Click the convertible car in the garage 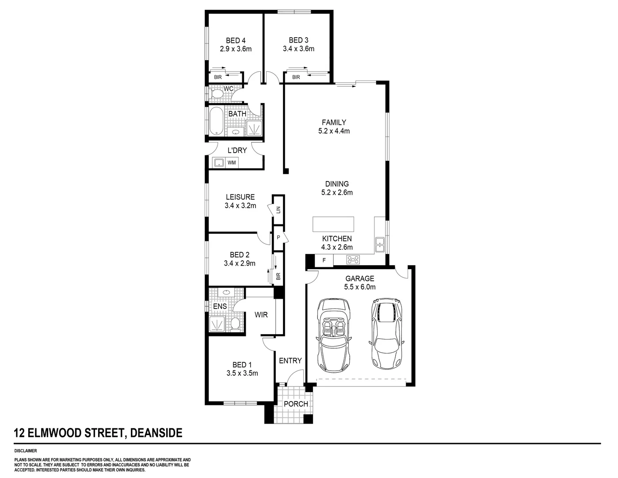pyautogui.click(x=334, y=336)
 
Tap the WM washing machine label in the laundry pyautogui.click(x=232, y=163)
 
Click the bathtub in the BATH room pyautogui.click(x=217, y=121)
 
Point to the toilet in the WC pyautogui.click(x=217, y=94)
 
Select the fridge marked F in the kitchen pyautogui.click(x=324, y=260)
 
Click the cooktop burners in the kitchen pyautogui.click(x=353, y=260)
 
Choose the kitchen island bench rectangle pyautogui.click(x=333, y=224)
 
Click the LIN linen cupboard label pyautogui.click(x=278, y=210)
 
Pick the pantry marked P pyautogui.click(x=278, y=238)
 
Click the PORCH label pyautogui.click(x=296, y=404)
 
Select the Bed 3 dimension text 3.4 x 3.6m pyautogui.click(x=298, y=49)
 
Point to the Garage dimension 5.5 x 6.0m pyautogui.click(x=359, y=287)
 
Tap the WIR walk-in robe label pyautogui.click(x=261, y=315)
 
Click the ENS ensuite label pyautogui.click(x=220, y=306)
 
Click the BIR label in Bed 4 pyautogui.click(x=217, y=77)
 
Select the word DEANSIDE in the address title pyautogui.click(x=155, y=433)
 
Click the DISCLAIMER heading pyautogui.click(x=26, y=451)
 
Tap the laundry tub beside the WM pyautogui.click(x=218, y=163)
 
